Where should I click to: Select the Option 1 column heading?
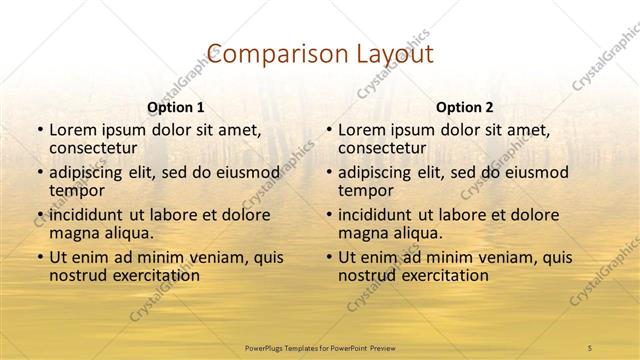click(176, 107)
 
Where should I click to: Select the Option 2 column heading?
click(465, 107)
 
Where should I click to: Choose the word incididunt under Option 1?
click(93, 214)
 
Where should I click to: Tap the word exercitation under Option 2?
click(444, 275)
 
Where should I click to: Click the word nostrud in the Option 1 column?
click(80, 275)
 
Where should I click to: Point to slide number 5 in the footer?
click(589, 346)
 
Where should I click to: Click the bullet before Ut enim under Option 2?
click(329, 257)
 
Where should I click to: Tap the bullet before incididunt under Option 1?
click(40, 215)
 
